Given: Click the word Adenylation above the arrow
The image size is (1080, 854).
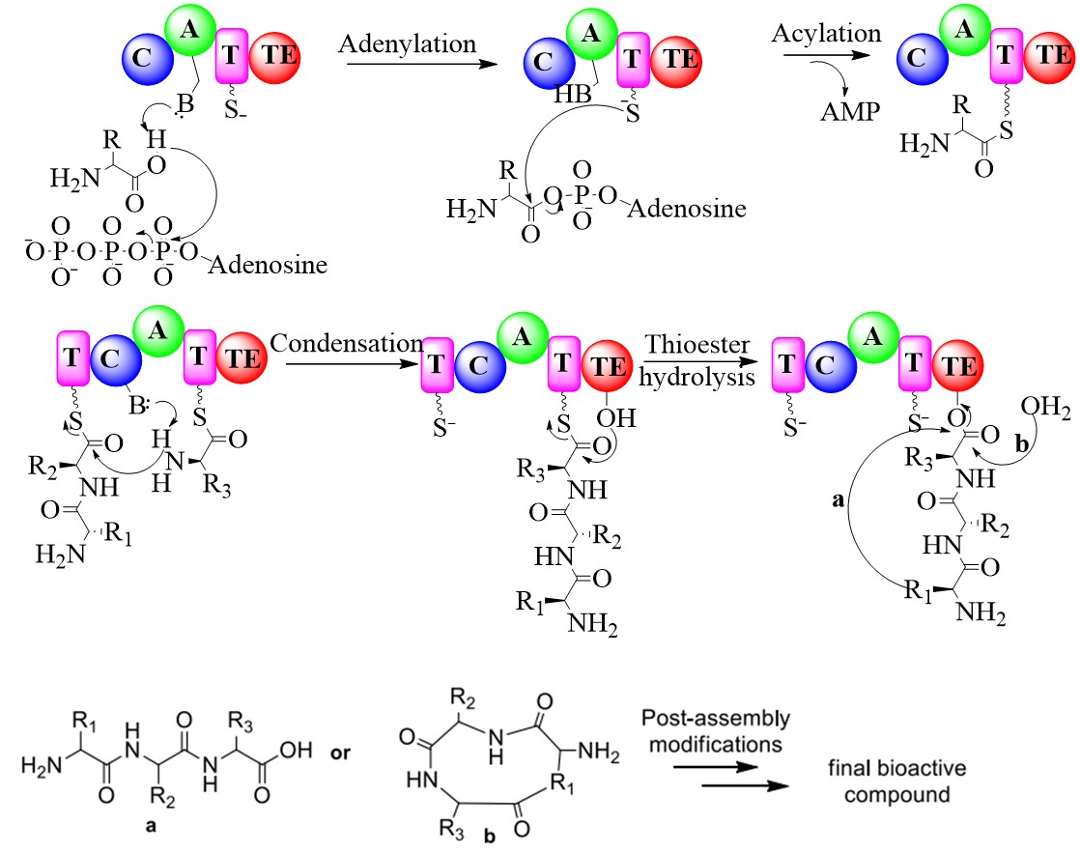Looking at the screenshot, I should click(407, 43).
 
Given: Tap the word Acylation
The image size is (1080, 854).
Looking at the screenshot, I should click(826, 33).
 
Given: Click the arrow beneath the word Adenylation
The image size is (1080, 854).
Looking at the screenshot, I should click(407, 65).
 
